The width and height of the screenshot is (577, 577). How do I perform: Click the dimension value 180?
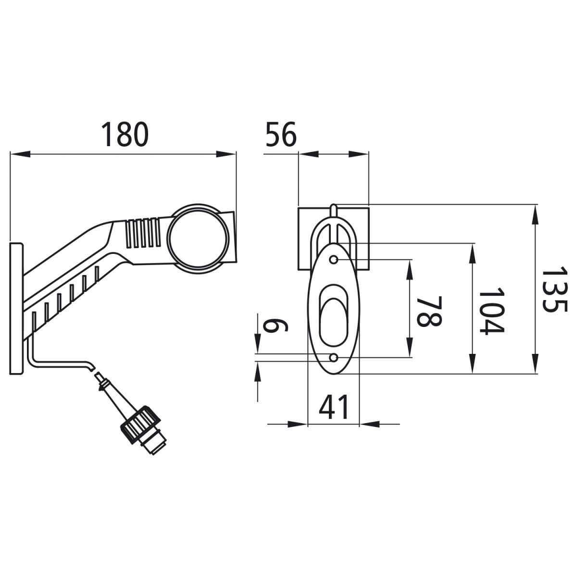[x=125, y=134]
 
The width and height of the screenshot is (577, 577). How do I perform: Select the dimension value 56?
[x=281, y=134]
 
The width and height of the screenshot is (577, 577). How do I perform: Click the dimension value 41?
[x=334, y=407]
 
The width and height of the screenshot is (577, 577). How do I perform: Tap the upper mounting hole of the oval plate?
[x=334, y=259]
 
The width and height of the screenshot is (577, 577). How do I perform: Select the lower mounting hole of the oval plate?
[x=334, y=358]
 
